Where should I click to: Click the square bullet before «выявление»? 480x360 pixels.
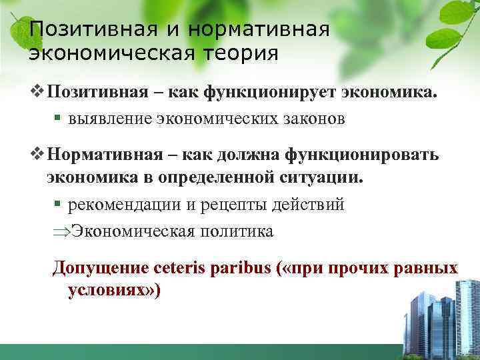(57, 119)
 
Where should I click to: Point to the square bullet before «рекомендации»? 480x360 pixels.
(57, 205)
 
